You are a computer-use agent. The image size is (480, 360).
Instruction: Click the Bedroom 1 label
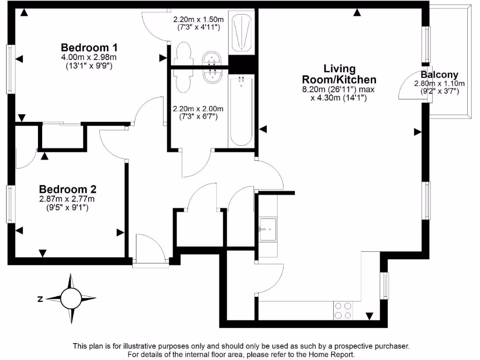(x=89, y=47)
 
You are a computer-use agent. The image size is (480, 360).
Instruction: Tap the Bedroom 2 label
(x=67, y=189)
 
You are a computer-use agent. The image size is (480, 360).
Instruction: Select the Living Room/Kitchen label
(x=339, y=74)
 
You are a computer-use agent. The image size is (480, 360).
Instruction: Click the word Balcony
(x=439, y=75)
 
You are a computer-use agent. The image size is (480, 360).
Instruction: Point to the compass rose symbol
(x=71, y=298)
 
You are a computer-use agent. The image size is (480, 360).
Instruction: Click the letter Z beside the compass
(x=41, y=299)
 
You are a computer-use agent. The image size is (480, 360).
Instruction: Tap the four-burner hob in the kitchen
(x=343, y=310)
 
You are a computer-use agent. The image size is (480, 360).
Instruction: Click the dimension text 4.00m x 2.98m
(x=89, y=57)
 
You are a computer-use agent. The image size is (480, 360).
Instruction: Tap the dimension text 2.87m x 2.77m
(x=67, y=199)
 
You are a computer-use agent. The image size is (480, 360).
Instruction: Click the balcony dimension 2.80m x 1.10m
(x=439, y=83)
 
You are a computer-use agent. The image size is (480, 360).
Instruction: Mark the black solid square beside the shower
(x=241, y=62)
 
